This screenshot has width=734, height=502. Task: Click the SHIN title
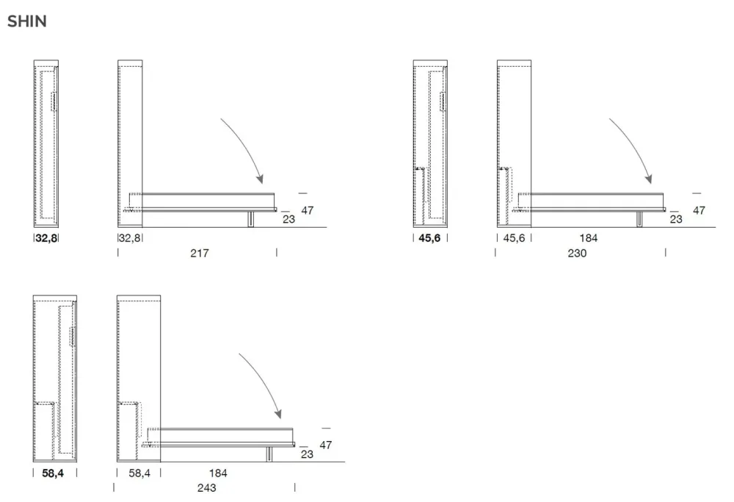coord(27,21)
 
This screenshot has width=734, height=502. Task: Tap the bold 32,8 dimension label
coord(46,238)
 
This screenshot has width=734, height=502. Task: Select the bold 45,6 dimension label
coord(429,238)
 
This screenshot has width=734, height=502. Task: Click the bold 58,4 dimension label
coord(53,473)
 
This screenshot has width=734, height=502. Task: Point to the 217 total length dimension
coord(200,253)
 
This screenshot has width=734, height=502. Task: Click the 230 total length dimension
coord(577,253)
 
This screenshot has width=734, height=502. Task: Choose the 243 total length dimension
coord(206,488)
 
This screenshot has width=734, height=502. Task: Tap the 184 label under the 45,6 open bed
coord(589,238)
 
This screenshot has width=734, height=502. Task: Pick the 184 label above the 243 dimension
coord(218,473)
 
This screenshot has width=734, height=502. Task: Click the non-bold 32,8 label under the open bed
coord(130,238)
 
